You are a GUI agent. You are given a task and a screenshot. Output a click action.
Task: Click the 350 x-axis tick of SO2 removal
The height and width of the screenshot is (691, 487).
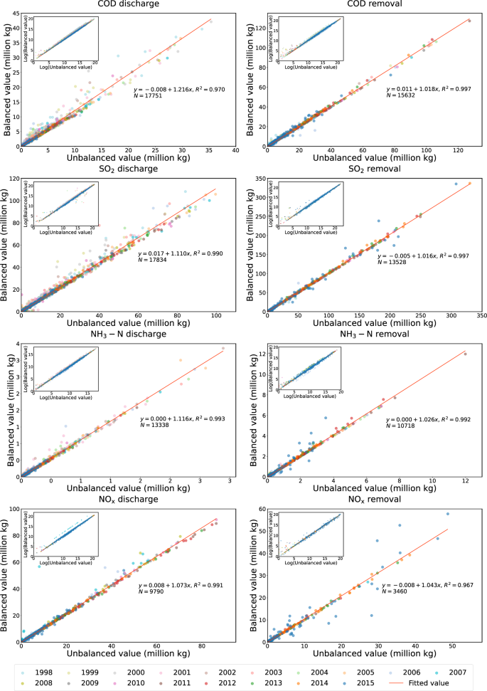click(x=481, y=314)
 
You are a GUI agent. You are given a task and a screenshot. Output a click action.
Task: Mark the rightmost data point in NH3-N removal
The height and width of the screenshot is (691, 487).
click(x=466, y=354)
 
